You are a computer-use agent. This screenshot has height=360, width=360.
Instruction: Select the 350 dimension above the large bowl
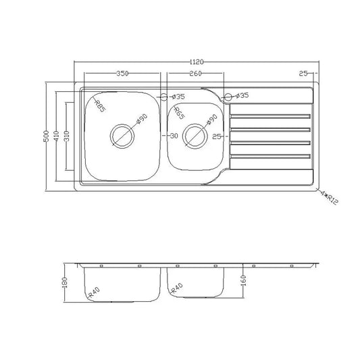pos(122,73)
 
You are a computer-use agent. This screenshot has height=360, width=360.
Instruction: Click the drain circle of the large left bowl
pos(123,135)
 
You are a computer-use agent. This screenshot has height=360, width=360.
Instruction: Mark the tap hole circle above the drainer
pos(229,97)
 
